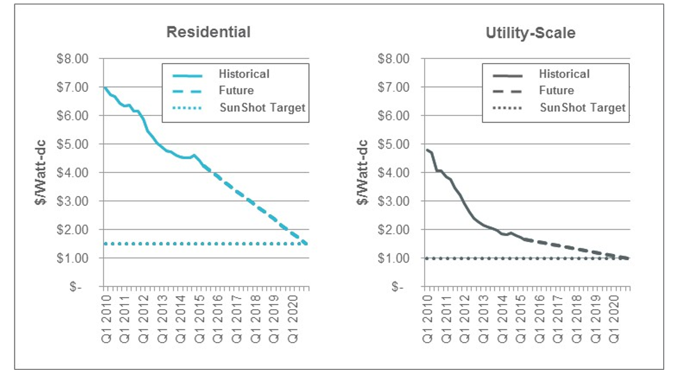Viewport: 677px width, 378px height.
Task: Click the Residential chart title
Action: [208, 32]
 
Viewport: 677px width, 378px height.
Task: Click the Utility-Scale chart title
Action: [530, 33]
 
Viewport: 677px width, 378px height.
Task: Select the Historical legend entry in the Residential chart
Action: [244, 74]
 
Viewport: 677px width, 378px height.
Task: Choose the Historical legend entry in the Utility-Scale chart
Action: [564, 74]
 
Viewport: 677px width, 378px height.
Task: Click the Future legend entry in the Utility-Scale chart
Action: [556, 90]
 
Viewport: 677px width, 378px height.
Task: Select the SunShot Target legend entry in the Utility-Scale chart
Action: [583, 108]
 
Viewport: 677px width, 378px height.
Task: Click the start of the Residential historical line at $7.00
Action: [104, 87]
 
